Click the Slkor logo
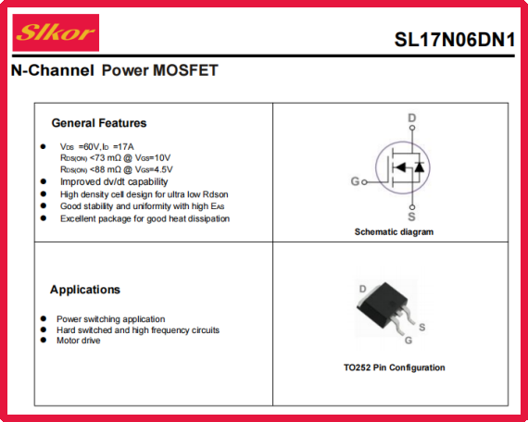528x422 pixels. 56,32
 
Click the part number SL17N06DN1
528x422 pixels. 455,40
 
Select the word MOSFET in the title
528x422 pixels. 185,70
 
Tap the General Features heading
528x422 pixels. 99,123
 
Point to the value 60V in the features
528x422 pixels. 92,147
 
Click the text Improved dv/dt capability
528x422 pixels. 114,181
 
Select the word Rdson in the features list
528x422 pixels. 216,194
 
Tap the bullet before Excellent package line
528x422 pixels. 44,218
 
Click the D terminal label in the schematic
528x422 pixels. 412,118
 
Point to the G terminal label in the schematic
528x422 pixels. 356,181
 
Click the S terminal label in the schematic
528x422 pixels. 411,217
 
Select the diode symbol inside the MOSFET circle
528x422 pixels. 420,167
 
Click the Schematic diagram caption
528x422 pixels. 394,232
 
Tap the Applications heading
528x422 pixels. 85,290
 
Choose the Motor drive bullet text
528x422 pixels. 79,341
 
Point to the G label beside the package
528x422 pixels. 409,341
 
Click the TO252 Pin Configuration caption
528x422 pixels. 395,367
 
